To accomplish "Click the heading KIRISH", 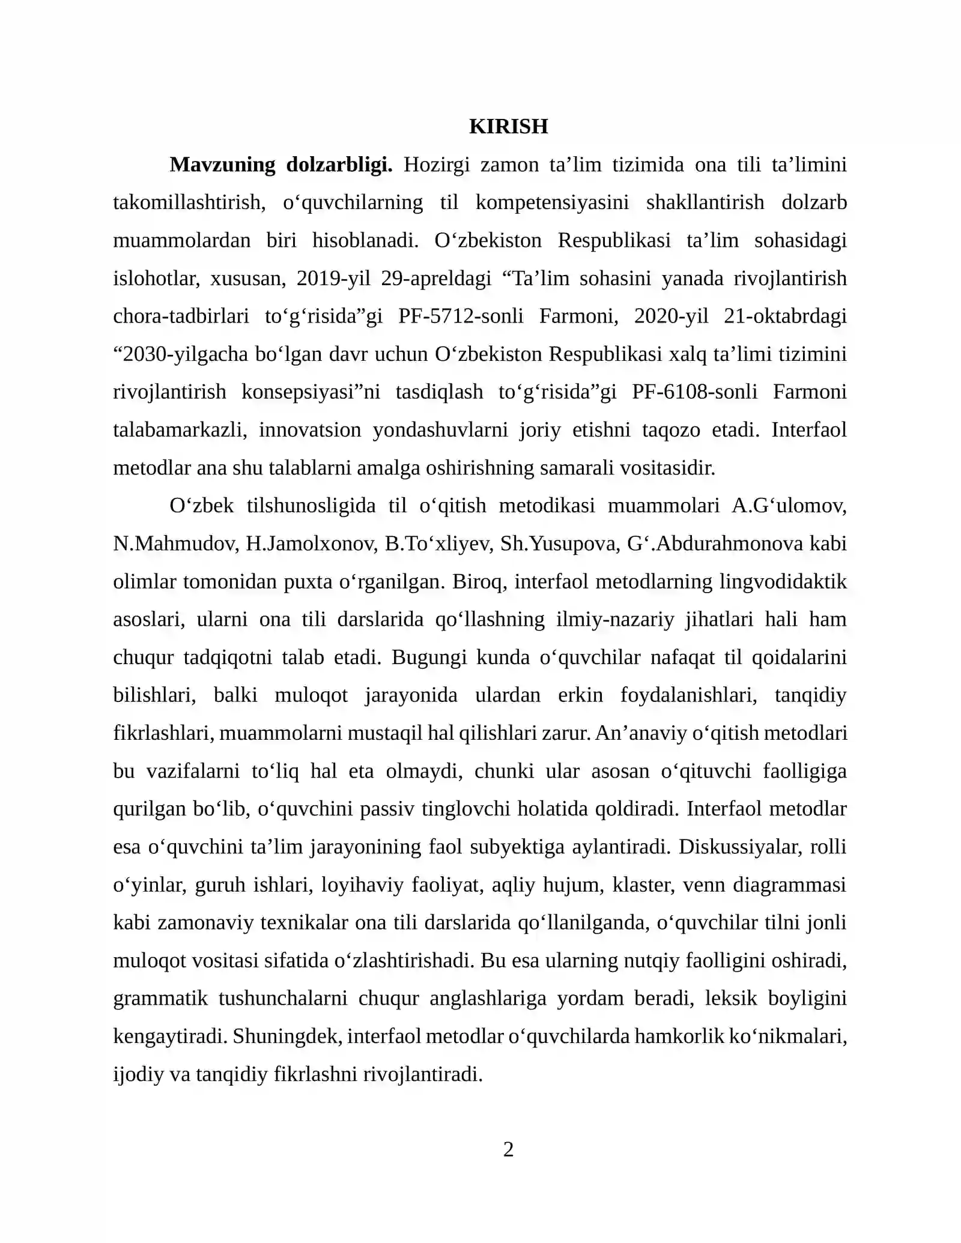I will click(508, 127).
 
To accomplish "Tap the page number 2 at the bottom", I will click(508, 1149).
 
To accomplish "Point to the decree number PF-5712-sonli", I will click(461, 316).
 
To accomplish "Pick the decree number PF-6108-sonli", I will click(694, 392).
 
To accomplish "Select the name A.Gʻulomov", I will click(789, 506).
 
